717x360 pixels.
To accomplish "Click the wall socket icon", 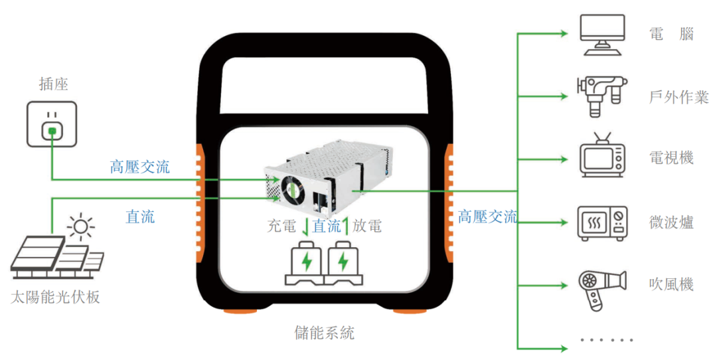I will pos(51,124).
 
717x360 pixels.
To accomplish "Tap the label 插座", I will pos(54,84).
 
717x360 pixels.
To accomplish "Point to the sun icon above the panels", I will pos(80,226).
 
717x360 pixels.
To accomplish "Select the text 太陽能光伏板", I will pos(55,297).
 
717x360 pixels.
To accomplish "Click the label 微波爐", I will pos(671,223).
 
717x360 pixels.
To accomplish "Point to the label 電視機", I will pos(671,157).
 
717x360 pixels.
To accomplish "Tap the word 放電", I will pos(367,226).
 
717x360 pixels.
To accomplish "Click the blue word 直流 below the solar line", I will pos(140,216).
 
